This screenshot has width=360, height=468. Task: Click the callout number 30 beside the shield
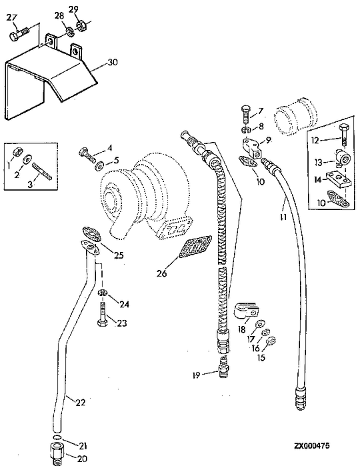[x=113, y=62]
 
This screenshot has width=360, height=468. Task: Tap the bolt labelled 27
[x=19, y=34]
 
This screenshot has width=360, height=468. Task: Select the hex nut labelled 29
[x=81, y=25]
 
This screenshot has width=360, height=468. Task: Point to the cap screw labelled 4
[x=87, y=154]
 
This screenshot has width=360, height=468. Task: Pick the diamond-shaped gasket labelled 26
[x=195, y=247]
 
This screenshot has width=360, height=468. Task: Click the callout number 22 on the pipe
[x=80, y=403]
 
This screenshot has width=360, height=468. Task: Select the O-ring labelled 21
[x=57, y=437]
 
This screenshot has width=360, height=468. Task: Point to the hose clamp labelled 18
[x=246, y=311]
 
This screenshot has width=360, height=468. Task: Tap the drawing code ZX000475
[x=312, y=446]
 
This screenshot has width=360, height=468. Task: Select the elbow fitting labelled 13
[x=341, y=157]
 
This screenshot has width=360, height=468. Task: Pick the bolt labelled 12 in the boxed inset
[x=343, y=135]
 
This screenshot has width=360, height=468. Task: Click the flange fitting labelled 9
[x=253, y=147]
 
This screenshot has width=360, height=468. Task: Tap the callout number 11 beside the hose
[x=283, y=217]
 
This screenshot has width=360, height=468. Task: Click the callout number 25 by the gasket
[x=119, y=255]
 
